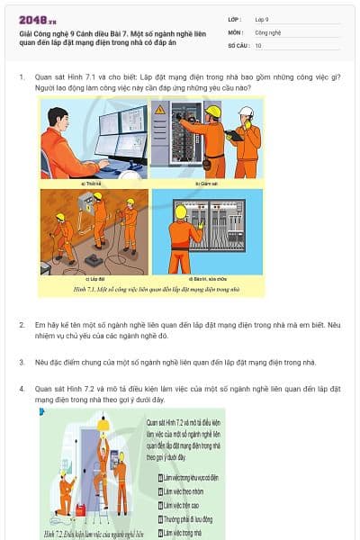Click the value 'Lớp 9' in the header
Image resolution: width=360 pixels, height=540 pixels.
tap(262, 19)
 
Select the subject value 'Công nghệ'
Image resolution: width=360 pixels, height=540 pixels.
tap(268, 31)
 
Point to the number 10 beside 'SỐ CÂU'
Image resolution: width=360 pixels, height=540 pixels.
tap(258, 44)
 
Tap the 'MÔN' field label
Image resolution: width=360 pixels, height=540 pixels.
tap(235, 31)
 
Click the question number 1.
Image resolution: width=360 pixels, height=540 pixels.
tap(22, 77)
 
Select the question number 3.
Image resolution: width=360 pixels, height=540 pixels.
tap(22, 362)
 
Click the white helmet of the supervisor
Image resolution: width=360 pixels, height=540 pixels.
tap(246, 112)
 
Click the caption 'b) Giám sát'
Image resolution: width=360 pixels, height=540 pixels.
tap(208, 183)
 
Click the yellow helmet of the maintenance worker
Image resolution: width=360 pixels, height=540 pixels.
tap(181, 211)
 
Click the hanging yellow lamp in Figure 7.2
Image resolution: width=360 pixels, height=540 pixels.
tap(103, 424)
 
